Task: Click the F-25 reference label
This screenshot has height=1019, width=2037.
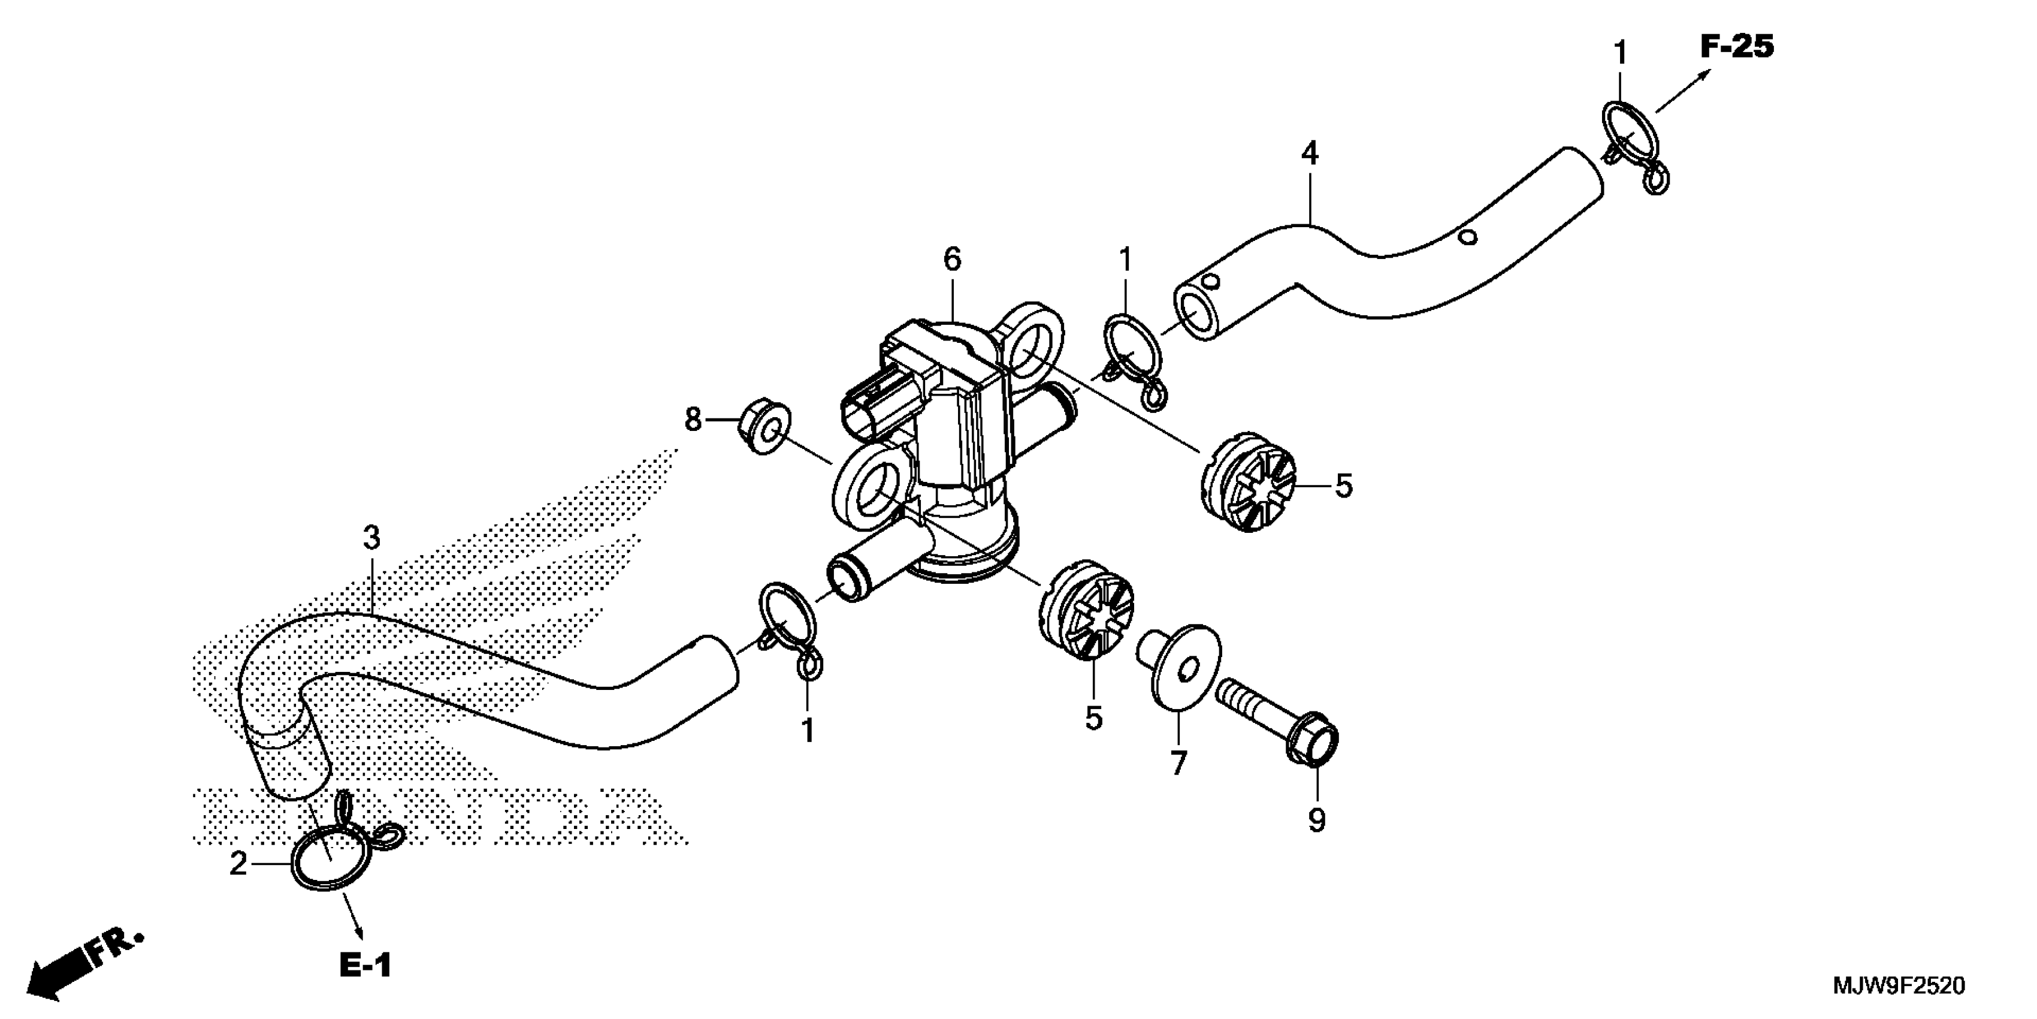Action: coord(1736,47)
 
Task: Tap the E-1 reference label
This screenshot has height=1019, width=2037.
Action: coord(365,965)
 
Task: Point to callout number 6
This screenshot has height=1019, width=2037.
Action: coord(952,259)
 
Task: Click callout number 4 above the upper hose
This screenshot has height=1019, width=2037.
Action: coord(1310,153)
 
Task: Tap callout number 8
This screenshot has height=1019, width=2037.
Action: coord(693,420)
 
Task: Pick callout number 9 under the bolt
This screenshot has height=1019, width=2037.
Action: coord(1317,821)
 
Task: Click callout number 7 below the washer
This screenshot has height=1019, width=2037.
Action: coord(1178,764)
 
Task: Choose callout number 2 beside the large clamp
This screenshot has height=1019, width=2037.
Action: coord(238,863)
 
